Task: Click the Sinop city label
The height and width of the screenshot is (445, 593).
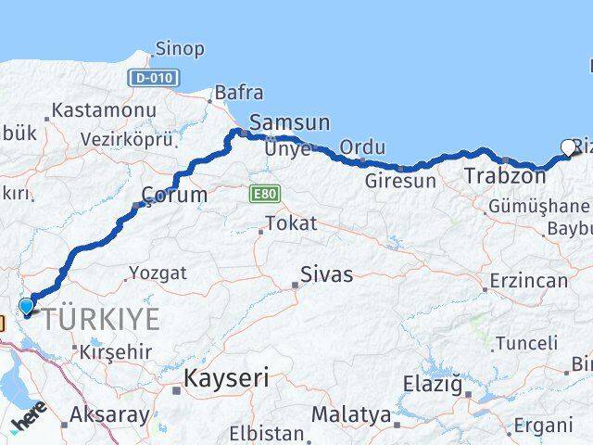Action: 180,48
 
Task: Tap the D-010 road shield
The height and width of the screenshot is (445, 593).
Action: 151,78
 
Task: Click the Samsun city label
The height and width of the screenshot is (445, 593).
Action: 289,122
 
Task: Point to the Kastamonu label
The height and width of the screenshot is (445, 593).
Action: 104,109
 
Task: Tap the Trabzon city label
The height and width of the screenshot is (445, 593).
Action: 505,175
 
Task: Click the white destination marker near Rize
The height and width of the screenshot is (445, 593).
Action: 569,146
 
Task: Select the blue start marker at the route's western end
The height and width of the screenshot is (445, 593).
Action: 27,306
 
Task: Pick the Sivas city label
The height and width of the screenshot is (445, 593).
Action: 326,275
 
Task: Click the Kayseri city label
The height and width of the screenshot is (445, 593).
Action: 226,378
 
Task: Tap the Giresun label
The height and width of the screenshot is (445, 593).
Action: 399,181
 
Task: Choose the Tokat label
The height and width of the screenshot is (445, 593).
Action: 291,223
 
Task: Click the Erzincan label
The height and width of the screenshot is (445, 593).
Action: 528,280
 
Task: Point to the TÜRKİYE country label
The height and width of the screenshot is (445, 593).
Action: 101,320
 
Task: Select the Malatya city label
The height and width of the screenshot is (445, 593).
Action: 350,414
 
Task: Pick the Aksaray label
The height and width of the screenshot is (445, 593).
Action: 109,415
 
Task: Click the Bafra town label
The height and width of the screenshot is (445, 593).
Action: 238,93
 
